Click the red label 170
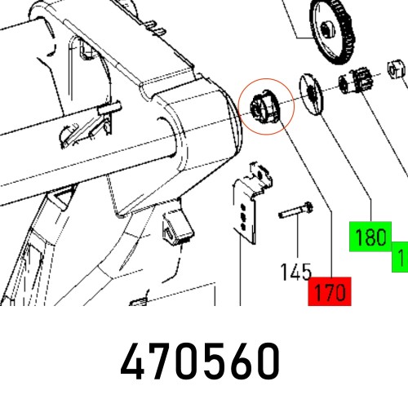pyautogui.click(x=330, y=291)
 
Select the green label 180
pyautogui.click(x=371, y=238)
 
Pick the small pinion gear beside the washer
pyautogui.click(x=353, y=84)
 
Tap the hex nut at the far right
pyautogui.click(x=395, y=72)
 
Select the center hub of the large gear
pyautogui.click(x=326, y=31)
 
